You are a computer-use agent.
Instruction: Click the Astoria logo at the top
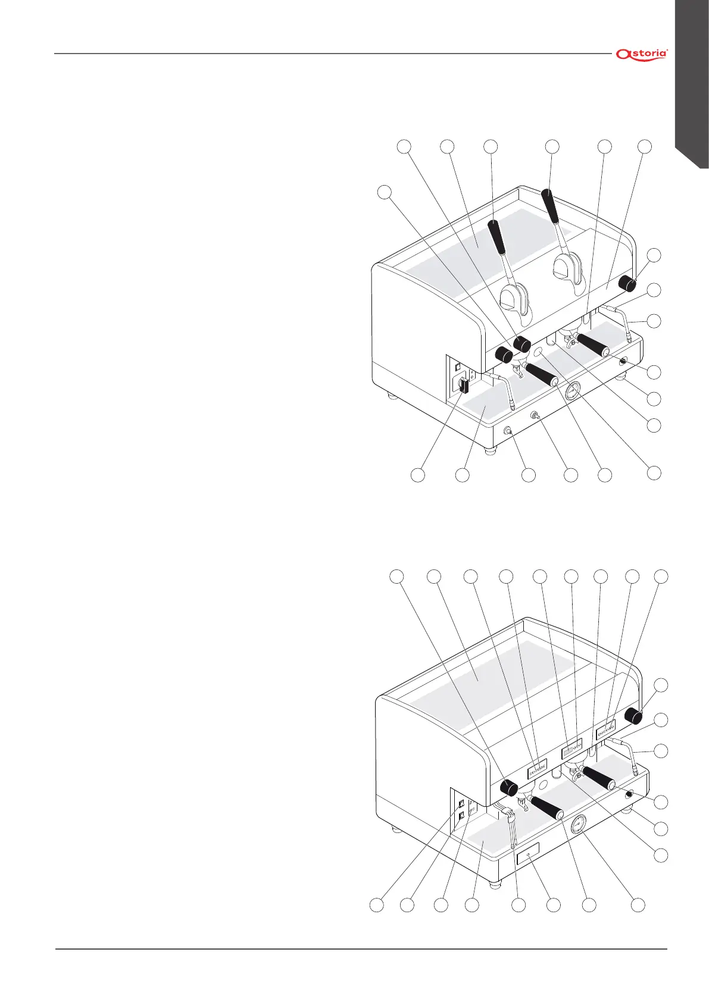point(642,54)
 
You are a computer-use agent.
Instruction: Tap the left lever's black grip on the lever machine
point(497,236)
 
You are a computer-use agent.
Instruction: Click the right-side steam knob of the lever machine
point(627,283)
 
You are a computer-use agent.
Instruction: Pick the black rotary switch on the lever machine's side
point(463,387)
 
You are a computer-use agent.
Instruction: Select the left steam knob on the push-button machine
point(509,788)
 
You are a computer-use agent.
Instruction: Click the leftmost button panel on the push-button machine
point(536,771)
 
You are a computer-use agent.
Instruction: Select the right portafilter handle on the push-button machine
point(598,776)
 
